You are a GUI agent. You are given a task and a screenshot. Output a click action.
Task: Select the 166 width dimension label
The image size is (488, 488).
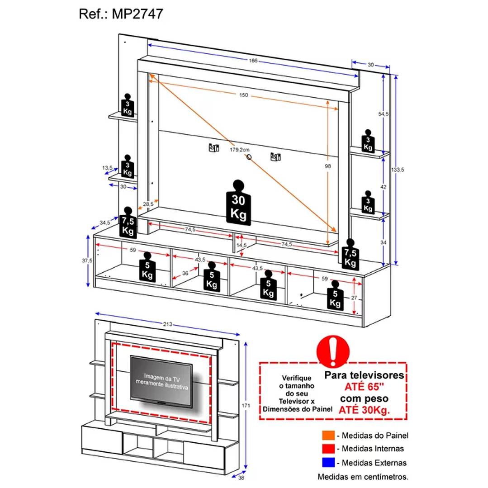point(252,61)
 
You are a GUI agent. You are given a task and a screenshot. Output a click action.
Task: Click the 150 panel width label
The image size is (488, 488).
point(244,95)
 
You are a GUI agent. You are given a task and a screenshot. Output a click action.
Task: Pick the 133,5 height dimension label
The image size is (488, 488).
point(398,169)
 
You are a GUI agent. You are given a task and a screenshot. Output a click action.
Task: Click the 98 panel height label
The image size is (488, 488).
point(328,166)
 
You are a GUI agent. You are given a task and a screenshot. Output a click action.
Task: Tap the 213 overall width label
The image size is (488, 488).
point(168,324)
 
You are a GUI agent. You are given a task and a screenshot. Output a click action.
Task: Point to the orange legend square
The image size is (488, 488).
point(328,436)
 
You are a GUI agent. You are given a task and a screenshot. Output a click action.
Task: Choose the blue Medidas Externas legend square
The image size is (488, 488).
point(328,462)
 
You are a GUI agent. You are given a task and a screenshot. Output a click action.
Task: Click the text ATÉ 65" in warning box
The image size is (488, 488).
point(365,387)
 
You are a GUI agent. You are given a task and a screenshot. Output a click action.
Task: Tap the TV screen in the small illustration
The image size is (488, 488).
point(161,380)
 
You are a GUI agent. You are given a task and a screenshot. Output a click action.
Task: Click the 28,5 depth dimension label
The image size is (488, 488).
point(148,204)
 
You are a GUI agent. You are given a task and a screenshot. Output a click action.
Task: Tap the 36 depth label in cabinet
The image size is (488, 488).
point(185,273)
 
